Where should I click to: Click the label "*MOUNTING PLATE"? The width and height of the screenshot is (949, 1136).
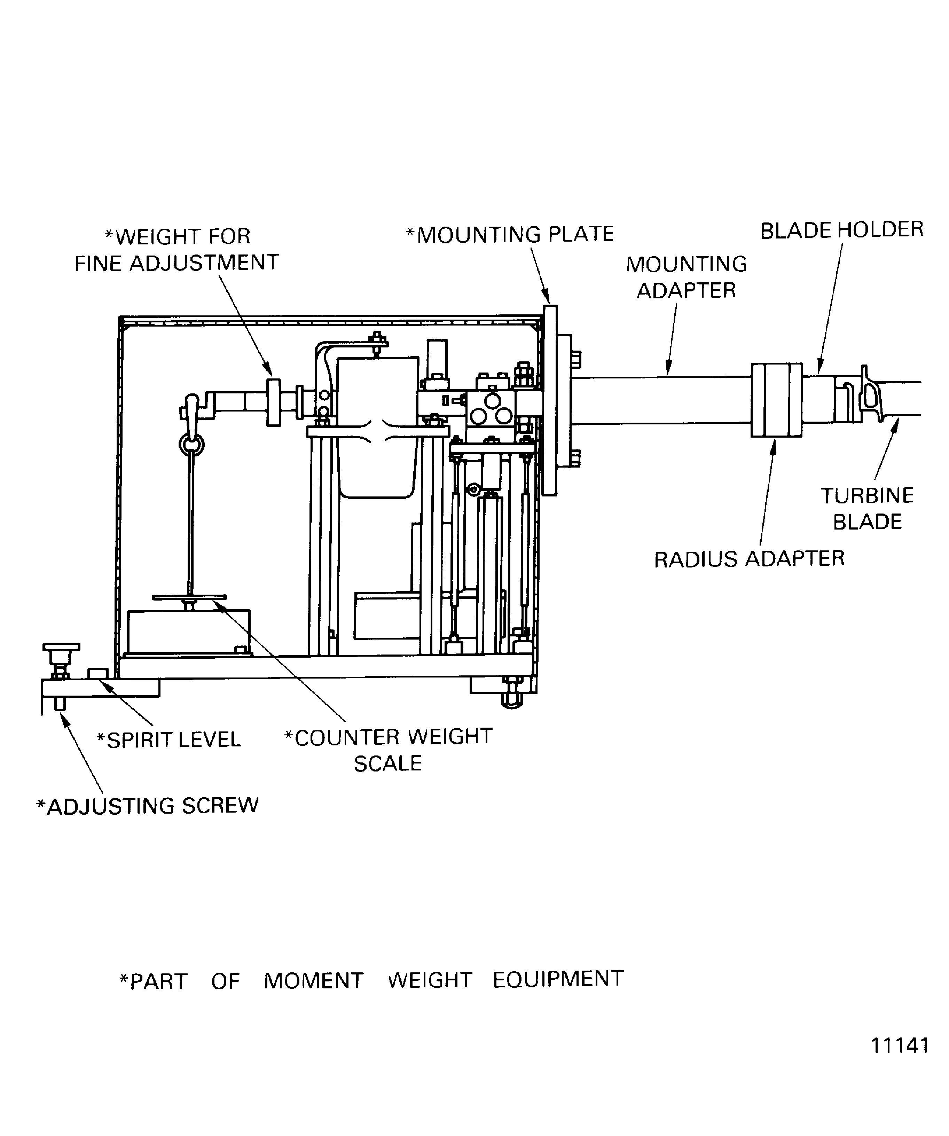[x=510, y=235]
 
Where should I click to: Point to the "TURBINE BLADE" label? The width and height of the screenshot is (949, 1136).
[x=867, y=509]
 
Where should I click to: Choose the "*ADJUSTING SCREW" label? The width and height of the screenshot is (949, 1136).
[x=147, y=806]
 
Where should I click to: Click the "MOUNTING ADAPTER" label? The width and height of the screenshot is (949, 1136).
[x=686, y=277]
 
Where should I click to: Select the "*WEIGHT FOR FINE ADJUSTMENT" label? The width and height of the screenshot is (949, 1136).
[x=177, y=250]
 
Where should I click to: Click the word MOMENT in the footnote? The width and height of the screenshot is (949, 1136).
[x=313, y=981]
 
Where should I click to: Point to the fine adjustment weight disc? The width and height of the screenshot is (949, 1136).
[x=274, y=402]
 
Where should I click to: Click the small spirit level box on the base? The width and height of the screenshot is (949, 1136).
[x=98, y=673]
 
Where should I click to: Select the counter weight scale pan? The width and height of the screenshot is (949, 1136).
[x=189, y=597]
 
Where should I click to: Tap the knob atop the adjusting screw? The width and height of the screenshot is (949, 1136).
[x=61, y=647]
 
